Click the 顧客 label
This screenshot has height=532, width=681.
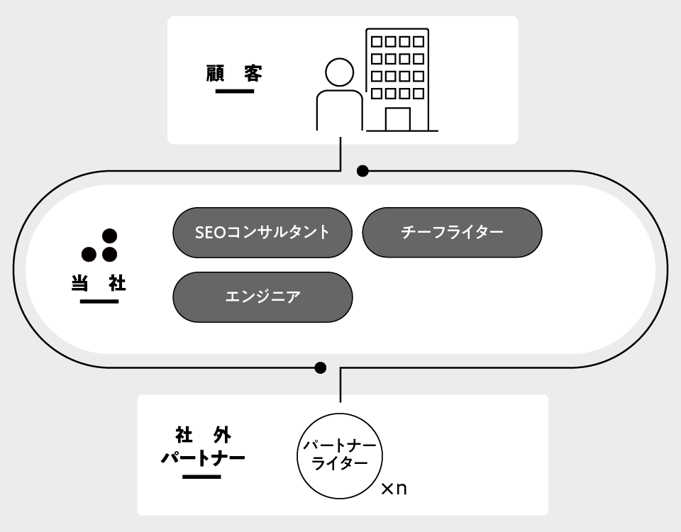pos(234,73)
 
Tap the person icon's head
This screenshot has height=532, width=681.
pos(339,72)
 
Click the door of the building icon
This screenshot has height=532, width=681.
pos(397,119)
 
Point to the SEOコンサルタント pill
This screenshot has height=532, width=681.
pos(262,232)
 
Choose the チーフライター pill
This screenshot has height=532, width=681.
pos(452,232)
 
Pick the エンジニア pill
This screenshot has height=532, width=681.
pos(262,297)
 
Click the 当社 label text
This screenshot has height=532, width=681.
pos(99,283)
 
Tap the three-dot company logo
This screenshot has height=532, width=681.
pos(99,245)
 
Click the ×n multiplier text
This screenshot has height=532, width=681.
pos(394,489)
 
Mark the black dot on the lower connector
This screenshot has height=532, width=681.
pos(321,367)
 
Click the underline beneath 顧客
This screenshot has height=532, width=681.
pos(234,92)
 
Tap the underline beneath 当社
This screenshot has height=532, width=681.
pos(99,301)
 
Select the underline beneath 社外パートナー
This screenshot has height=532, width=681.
pos(201,476)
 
